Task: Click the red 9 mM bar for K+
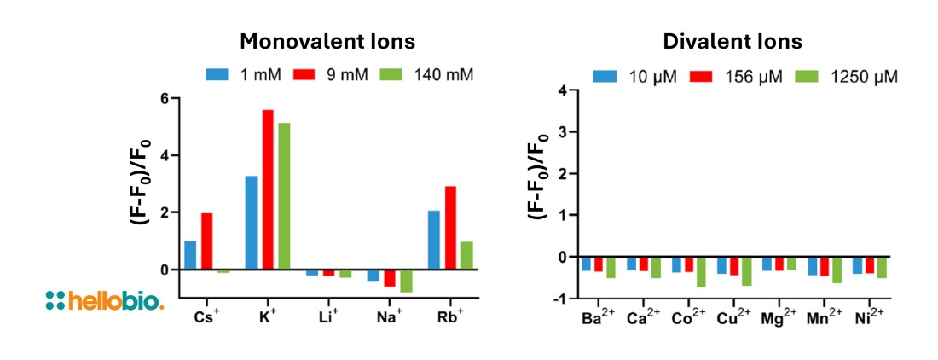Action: tap(268, 189)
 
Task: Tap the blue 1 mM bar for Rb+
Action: tap(433, 240)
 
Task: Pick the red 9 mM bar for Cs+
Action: tap(207, 241)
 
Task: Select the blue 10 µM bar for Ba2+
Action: tap(586, 264)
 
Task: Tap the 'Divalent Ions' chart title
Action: tap(732, 42)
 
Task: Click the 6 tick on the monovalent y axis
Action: tap(165, 99)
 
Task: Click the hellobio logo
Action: tap(104, 299)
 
